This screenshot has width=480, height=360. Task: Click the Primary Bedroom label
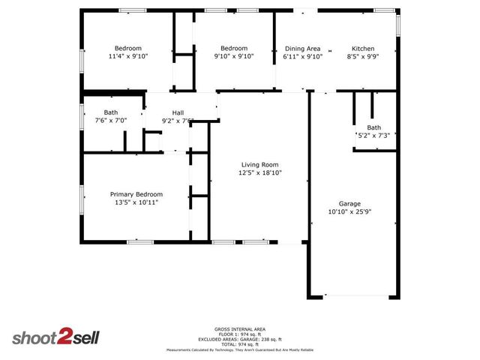pyautogui.click(x=136, y=194)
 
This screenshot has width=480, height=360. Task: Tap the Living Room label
pyautogui.click(x=259, y=165)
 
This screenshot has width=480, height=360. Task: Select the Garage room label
pyautogui.click(x=349, y=204)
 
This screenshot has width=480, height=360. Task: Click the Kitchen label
pyautogui.click(x=363, y=49)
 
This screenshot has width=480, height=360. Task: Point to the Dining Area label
pyautogui.click(x=302, y=49)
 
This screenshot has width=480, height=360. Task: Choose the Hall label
pyautogui.click(x=178, y=112)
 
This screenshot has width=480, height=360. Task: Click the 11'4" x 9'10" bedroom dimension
pyautogui.click(x=128, y=57)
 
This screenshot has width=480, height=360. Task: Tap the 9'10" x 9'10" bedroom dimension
pyautogui.click(x=233, y=57)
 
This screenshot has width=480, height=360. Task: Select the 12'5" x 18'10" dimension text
pyautogui.click(x=259, y=173)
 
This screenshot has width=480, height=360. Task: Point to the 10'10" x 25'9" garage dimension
pyautogui.click(x=349, y=212)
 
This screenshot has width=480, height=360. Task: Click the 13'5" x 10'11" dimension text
pyautogui.click(x=136, y=202)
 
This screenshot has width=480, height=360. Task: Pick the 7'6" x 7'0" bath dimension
pyautogui.click(x=111, y=121)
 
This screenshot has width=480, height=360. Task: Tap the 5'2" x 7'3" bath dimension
pyautogui.click(x=373, y=136)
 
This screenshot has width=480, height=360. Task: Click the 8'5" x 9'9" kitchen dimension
pyautogui.click(x=363, y=57)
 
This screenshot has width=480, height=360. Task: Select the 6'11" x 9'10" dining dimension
pyautogui.click(x=302, y=57)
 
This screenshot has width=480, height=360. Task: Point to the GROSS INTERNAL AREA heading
pyautogui.click(x=239, y=328)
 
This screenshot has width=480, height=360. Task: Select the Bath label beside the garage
pyautogui.click(x=373, y=127)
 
